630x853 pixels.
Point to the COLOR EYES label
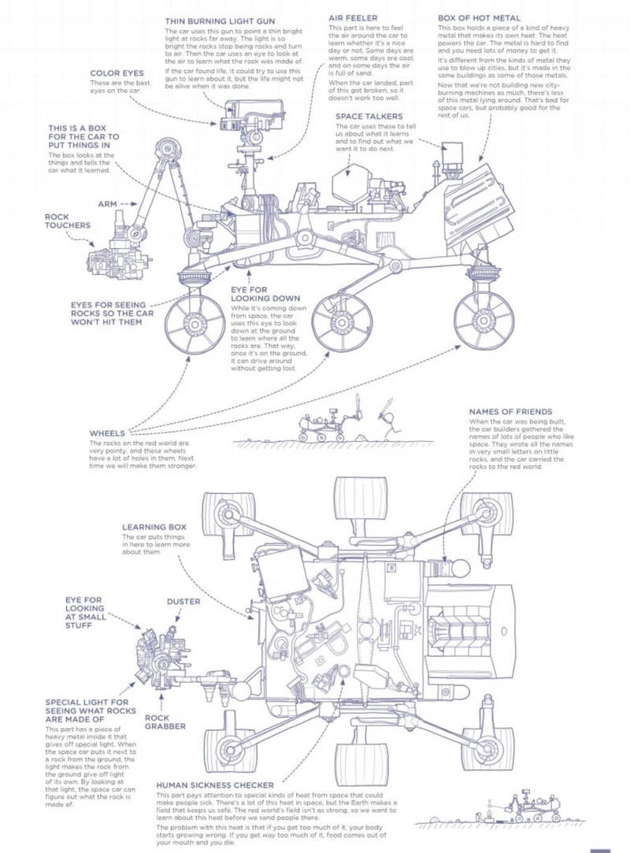tap(117, 73)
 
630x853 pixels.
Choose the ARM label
tap(107, 203)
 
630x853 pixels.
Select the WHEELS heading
tap(107, 432)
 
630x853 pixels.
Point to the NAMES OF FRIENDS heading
tap(510, 411)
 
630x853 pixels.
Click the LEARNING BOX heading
tap(154, 526)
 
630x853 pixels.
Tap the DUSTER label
tap(183, 601)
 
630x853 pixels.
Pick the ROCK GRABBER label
tap(165, 721)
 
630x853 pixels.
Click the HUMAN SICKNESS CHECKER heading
tap(215, 785)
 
